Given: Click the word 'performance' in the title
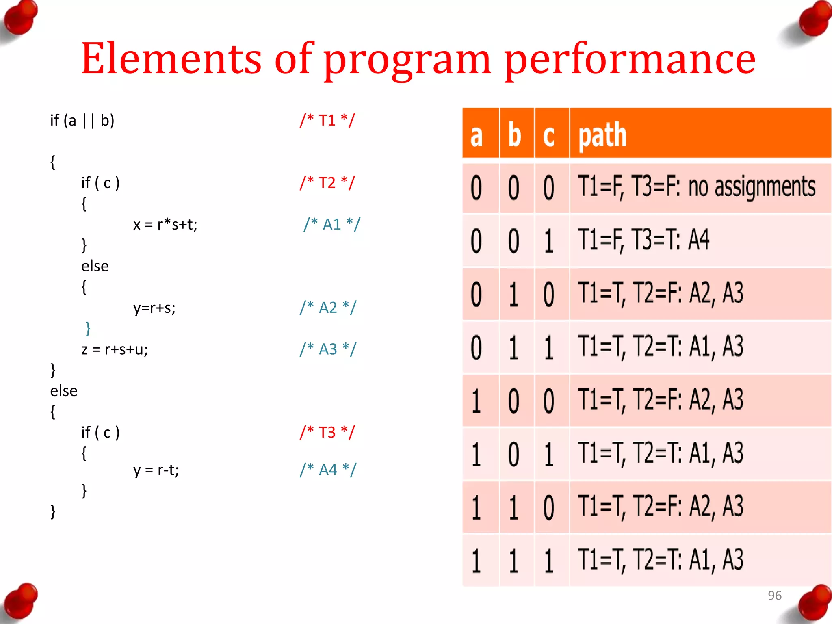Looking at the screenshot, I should (630, 60).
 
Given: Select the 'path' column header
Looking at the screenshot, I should (602, 135).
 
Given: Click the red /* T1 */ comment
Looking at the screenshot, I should (327, 120).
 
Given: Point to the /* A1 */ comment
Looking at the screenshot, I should (331, 224).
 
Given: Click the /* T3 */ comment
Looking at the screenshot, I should (327, 432).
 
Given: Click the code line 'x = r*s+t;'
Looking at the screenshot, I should (165, 224).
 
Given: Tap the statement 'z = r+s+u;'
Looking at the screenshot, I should (115, 349).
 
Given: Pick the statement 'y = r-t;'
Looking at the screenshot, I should (156, 470).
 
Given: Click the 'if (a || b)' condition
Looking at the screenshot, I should (82, 120).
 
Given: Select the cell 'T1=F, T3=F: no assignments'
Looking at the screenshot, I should (696, 187).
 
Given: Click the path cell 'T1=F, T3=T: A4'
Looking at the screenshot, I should (643, 240).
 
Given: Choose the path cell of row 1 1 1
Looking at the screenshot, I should (660, 560).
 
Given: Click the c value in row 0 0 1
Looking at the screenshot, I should (549, 241).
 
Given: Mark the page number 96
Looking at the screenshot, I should (774, 595).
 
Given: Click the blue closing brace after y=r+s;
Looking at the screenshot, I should (88, 328).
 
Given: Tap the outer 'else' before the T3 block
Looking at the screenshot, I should (64, 391).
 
